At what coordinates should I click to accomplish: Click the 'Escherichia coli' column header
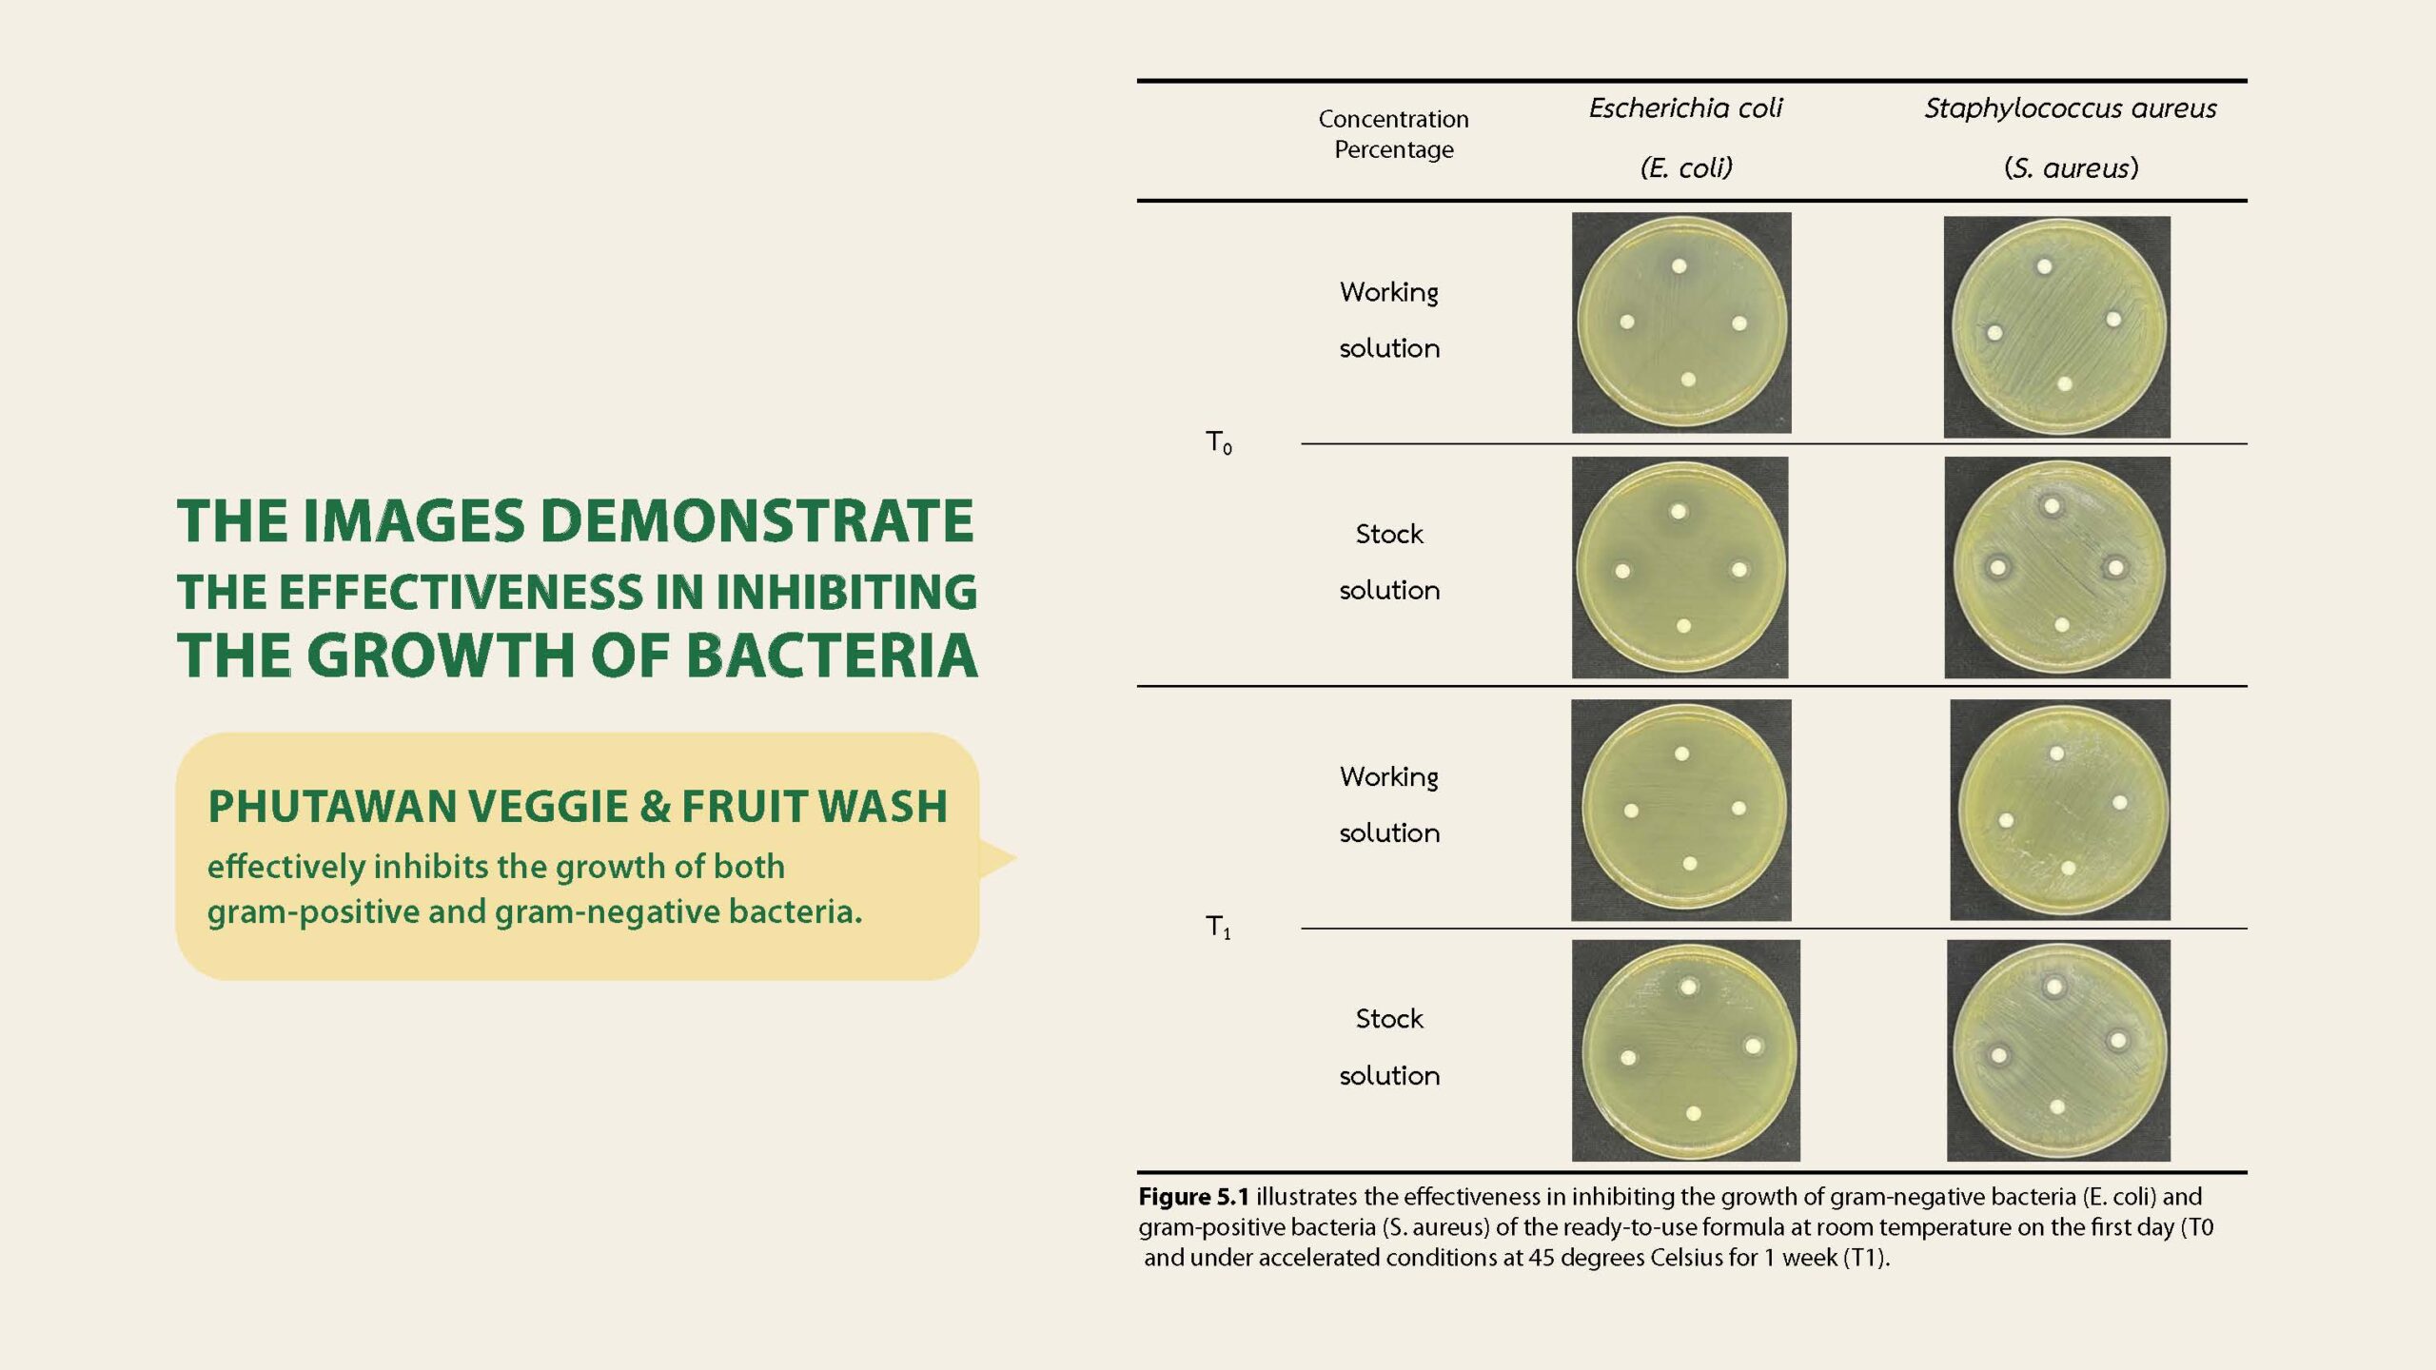tap(1685, 108)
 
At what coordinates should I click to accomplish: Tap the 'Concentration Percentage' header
tap(1393, 134)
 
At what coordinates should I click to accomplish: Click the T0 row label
tap(1219, 442)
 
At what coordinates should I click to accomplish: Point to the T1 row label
tap(1219, 927)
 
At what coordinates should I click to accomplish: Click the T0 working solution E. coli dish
tap(1681, 323)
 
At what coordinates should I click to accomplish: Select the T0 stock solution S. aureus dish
tap(2057, 568)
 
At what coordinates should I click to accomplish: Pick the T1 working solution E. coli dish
tap(1681, 811)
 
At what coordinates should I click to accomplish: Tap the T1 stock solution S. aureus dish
tap(2059, 1050)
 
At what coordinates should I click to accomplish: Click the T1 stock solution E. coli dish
tap(1686, 1050)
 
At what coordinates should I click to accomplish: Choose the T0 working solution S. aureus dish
tap(2057, 327)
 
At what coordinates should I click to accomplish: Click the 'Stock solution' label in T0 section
tap(1389, 562)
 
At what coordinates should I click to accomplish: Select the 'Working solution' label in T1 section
tap(1389, 805)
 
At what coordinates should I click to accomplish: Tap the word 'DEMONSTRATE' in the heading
tap(757, 521)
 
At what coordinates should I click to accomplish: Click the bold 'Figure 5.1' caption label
tap(1193, 1197)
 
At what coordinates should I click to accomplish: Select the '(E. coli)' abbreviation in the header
tap(1686, 168)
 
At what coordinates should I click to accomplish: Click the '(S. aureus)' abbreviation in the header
tap(2072, 168)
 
